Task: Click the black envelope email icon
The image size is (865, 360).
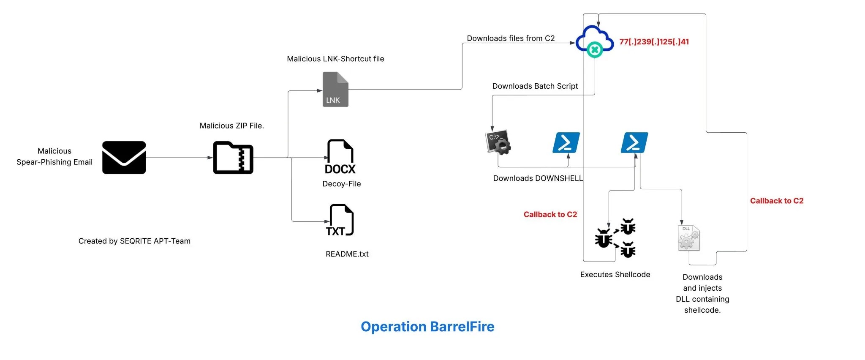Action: [124, 158]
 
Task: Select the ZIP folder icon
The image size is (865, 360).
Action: [233, 158]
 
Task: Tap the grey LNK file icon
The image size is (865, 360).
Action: [335, 89]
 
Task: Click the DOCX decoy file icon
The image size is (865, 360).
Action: [340, 157]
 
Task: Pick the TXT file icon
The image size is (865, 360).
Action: [340, 220]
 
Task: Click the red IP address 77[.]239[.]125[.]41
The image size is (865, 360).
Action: [654, 42]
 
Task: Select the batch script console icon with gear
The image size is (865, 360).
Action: [498, 142]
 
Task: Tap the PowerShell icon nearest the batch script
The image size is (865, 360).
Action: [566, 142]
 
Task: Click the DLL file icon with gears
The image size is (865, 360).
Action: [688, 238]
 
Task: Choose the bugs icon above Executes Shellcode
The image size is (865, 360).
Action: [615, 238]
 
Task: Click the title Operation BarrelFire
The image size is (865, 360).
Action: [427, 327]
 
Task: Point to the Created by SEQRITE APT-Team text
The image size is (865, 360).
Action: [134, 241]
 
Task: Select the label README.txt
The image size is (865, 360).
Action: [347, 254]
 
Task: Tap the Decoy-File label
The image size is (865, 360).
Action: [341, 184]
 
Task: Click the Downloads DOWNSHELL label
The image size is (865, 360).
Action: [538, 178]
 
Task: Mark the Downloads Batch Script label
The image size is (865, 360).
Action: [535, 86]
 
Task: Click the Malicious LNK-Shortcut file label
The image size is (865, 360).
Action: [335, 59]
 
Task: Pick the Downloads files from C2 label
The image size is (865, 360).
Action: [511, 38]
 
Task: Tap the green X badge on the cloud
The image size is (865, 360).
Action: [595, 50]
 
